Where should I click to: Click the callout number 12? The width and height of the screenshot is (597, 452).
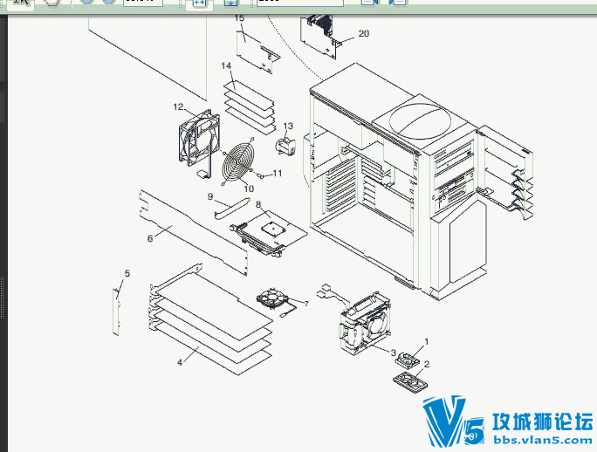178,106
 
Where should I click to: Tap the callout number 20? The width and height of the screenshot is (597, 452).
363,33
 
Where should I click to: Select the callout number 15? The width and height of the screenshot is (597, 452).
239,17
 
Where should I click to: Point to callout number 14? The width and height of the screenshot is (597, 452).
226,66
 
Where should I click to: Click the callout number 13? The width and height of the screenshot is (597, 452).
287,127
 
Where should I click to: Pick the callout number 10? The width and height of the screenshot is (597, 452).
249,188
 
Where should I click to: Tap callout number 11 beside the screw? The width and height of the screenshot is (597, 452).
278,173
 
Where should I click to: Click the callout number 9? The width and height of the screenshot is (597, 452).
210,196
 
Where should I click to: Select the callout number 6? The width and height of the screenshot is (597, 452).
149,238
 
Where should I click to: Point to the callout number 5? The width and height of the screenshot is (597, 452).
127,274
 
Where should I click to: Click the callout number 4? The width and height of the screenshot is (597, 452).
180,360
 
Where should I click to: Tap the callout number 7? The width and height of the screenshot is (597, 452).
305,304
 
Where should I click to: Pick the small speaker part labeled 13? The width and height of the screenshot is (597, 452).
285,144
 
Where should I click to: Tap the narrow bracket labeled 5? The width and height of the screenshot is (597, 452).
116,311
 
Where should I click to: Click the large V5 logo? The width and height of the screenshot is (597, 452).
453,422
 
